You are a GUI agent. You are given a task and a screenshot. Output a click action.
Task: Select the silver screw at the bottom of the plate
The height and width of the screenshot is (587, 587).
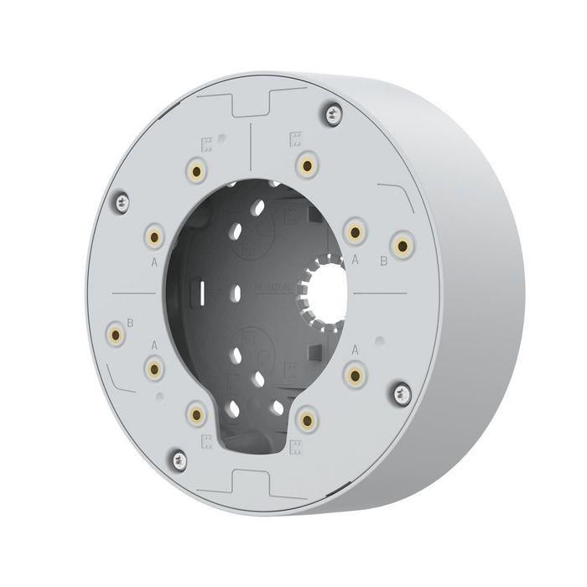(x=178, y=457)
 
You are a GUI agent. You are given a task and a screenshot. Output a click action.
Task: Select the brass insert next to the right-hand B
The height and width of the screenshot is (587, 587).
(x=404, y=245)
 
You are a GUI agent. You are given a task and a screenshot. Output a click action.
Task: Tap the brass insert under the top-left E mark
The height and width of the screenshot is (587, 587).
(x=199, y=170)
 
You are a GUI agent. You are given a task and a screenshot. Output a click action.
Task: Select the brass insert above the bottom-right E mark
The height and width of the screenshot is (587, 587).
(x=308, y=417)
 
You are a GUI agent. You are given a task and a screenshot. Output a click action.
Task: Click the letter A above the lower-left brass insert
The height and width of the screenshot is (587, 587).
(x=153, y=345)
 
